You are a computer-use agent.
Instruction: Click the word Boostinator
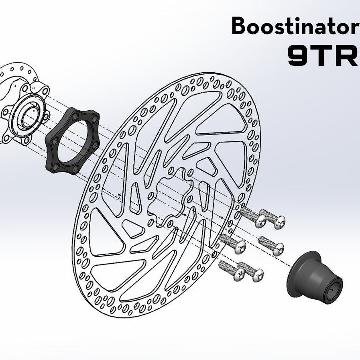click(x=295, y=26)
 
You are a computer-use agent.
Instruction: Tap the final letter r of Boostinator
click(x=355, y=28)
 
